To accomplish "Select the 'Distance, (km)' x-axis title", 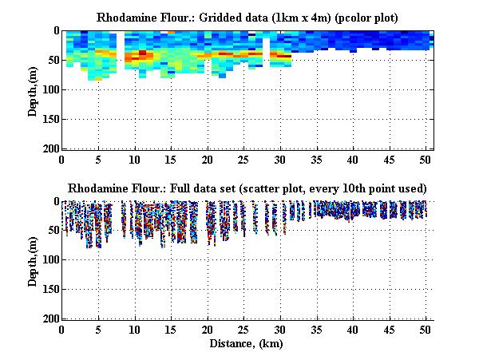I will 247,343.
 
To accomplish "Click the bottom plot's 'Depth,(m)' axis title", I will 33,260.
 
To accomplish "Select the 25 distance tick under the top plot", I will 243,159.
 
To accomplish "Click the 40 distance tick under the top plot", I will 353,159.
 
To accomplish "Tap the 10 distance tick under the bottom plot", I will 135,329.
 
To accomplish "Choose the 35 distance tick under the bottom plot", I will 316,329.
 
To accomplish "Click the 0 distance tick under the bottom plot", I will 62,329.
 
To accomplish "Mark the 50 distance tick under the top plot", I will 426,159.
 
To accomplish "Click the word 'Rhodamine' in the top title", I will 124,17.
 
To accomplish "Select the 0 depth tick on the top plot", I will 55,30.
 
